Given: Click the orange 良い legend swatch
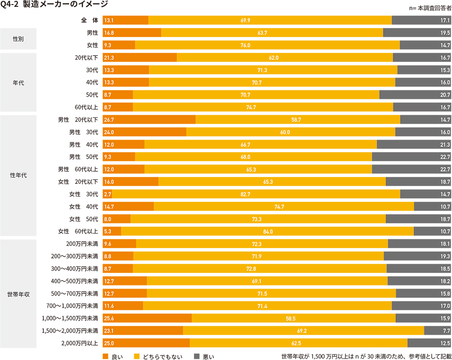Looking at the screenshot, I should click(x=106, y=356).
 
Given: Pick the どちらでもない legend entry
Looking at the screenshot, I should click(x=159, y=356).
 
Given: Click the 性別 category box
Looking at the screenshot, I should click(x=19, y=39).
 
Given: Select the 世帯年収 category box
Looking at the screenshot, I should click(x=19, y=294).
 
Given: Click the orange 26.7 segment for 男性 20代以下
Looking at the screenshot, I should click(x=149, y=119).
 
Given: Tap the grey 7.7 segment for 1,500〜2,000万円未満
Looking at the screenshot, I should click(x=438, y=331).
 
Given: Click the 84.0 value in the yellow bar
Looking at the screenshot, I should click(x=268, y=231).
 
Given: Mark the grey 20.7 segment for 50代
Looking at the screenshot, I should click(x=415, y=95).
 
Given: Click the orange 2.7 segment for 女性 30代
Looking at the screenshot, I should click(x=108, y=194).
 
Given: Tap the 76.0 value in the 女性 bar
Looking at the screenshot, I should click(x=268, y=45).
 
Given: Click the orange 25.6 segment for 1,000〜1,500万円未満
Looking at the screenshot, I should click(x=147, y=318).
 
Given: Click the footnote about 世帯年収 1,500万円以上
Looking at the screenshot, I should click(x=366, y=356).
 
